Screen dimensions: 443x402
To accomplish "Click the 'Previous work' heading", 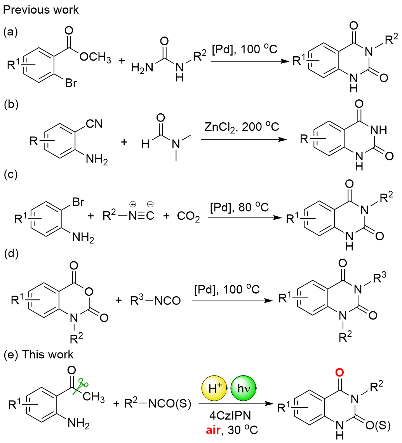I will [x=41, y=10].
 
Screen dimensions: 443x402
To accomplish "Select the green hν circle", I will [x=244, y=389].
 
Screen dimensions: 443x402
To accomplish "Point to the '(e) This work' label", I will [x=38, y=354].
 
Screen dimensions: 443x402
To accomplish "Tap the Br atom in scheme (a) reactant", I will [x=71, y=83].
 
